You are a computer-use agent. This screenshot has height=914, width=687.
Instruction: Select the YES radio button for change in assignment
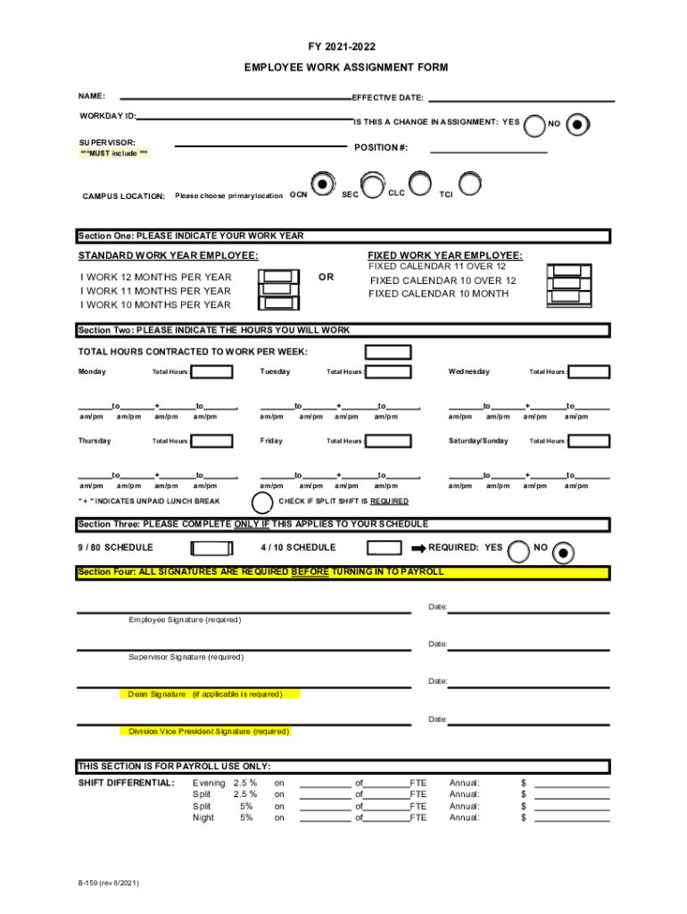pos(534,126)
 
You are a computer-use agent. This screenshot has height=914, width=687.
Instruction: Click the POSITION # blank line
pos(488,153)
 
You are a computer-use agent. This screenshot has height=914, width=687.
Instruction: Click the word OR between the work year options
pos(326,277)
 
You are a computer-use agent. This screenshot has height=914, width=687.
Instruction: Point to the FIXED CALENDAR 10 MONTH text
pos(438,294)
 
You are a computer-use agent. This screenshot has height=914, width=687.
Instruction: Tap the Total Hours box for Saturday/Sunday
pos(590,441)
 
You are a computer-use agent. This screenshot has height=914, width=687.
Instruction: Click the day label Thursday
pos(95,441)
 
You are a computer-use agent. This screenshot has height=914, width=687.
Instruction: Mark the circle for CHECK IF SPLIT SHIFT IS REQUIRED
pos(264,502)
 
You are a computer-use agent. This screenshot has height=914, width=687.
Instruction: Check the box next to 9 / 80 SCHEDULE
pos(213,547)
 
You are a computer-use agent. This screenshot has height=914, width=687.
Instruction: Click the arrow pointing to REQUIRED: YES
pos(417,547)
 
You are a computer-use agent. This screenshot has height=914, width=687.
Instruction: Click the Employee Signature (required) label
pos(185,619)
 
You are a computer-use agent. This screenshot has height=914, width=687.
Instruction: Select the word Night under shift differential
pos(203,818)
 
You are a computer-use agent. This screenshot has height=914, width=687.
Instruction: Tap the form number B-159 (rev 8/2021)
pos(108,885)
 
